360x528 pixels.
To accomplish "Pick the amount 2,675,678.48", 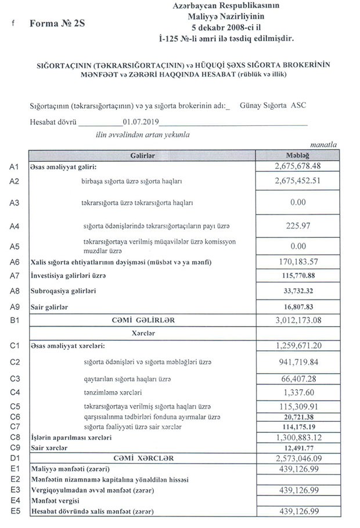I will (x=297, y=167).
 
